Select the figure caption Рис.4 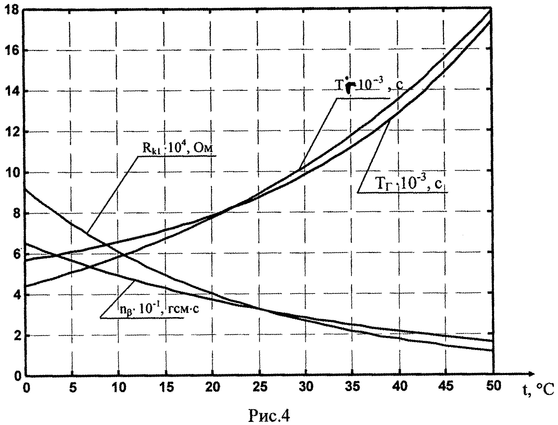click(x=269, y=416)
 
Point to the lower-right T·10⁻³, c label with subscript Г click(x=406, y=185)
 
